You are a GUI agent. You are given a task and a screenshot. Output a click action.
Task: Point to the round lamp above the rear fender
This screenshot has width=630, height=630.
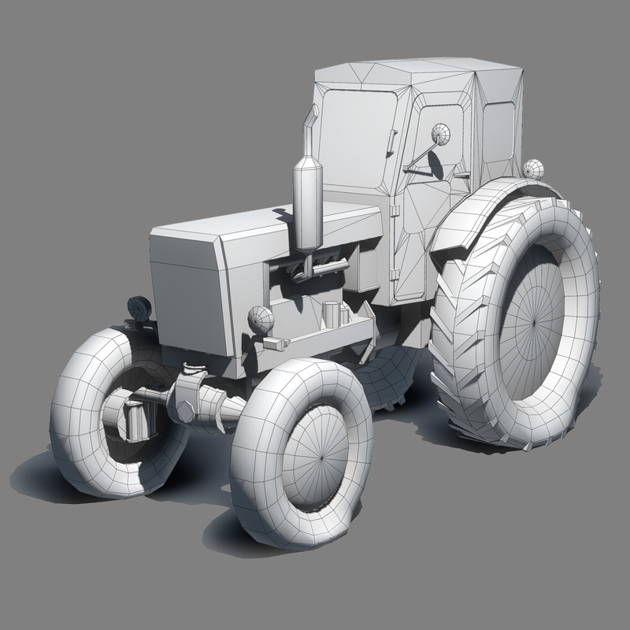click(534, 169)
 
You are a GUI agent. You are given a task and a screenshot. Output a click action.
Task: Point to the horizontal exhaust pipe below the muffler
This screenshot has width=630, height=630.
click(323, 268)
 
